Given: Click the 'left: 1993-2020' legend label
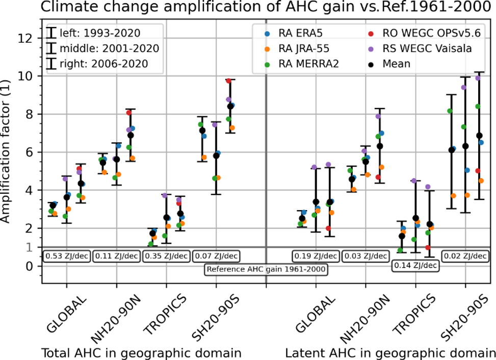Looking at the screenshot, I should tap(100, 34).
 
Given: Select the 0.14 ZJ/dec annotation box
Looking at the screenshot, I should tap(414, 265).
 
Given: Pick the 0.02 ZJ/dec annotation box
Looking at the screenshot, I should tap(464, 256).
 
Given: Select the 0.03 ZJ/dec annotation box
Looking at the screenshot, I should tap(365, 256).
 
